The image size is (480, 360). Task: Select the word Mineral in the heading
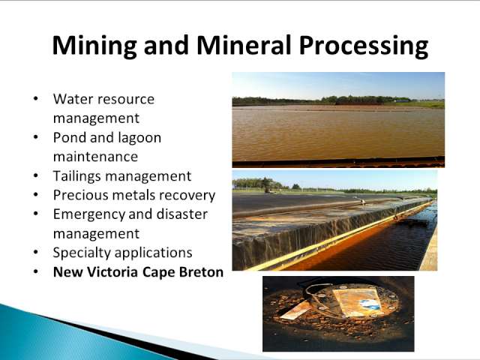(x=244, y=45)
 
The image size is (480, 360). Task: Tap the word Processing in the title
(x=363, y=46)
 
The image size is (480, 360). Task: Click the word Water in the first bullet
(x=73, y=99)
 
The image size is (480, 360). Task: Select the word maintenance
(x=95, y=157)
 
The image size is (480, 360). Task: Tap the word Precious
(x=81, y=195)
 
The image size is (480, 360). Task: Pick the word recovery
(x=187, y=196)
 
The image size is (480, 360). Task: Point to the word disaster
(x=182, y=214)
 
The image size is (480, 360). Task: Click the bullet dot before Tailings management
(x=36, y=177)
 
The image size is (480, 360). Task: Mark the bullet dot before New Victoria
(x=36, y=272)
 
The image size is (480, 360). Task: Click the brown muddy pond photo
(x=338, y=120)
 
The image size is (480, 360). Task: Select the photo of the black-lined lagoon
(x=334, y=220)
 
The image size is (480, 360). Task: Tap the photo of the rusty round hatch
(x=338, y=313)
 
